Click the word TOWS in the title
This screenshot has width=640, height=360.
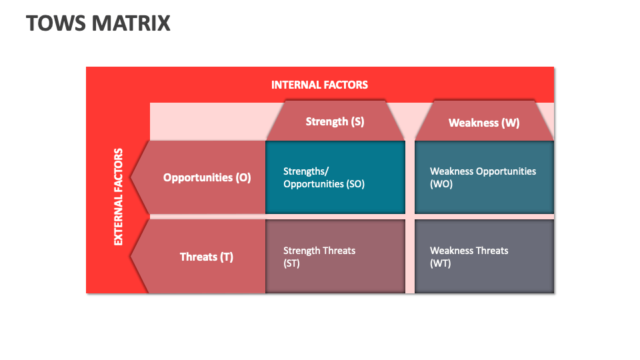click(x=50, y=23)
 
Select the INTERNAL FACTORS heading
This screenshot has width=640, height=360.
click(x=319, y=85)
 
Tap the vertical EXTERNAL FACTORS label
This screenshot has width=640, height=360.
click(x=119, y=197)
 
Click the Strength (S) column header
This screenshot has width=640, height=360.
click(x=335, y=121)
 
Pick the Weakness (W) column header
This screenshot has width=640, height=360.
click(x=484, y=123)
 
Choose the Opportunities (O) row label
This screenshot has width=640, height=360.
click(x=207, y=177)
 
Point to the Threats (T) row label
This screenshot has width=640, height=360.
click(x=207, y=257)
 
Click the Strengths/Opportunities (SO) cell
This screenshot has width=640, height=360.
click(x=335, y=177)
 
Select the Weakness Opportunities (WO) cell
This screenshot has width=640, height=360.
click(x=484, y=177)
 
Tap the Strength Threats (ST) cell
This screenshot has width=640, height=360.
click(x=335, y=257)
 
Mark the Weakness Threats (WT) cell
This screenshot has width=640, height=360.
click(x=484, y=257)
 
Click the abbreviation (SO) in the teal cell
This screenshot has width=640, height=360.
click(x=353, y=184)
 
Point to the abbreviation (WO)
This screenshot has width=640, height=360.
click(x=441, y=184)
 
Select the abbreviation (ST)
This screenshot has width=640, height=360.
click(x=291, y=263)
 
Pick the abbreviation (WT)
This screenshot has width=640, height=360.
click(x=441, y=263)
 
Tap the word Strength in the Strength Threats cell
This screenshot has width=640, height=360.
click(x=302, y=251)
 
